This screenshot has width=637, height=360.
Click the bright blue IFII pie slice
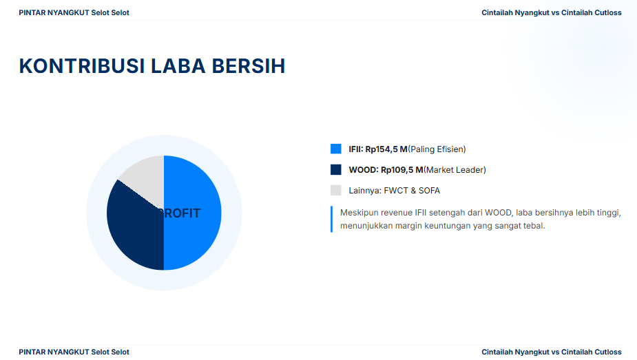coord(193,213)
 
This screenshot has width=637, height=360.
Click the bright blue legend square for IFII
coord(336,149)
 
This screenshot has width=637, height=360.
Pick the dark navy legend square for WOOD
coord(336,169)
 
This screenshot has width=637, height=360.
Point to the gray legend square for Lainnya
coord(336,191)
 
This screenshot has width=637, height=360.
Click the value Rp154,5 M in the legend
coord(386,149)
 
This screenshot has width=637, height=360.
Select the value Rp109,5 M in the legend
coord(401,170)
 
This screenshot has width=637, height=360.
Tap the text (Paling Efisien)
coord(437,149)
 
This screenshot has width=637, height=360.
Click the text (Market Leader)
coord(455,170)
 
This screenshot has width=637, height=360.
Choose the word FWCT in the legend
coord(396,191)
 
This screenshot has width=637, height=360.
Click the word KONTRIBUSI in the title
coord(82,66)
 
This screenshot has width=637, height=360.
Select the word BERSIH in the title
coord(249,66)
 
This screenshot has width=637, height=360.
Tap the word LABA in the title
coord(178,66)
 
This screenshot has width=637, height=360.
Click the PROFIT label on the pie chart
coord(179,213)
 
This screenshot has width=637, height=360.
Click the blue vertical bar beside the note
coord(331,219)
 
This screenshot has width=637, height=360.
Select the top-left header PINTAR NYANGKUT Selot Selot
coord(74,12)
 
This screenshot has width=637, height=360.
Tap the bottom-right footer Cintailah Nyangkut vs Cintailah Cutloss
coord(552,352)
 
